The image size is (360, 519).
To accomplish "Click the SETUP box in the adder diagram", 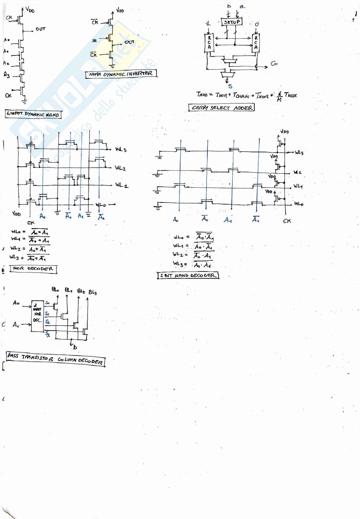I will click(x=232, y=22).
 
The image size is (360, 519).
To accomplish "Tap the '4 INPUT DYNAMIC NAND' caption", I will click(x=33, y=114).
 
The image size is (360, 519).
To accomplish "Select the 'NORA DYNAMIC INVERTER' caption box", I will click(x=121, y=74).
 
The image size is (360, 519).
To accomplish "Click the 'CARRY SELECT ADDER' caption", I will click(x=222, y=108).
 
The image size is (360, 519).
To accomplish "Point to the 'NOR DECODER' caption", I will click(x=33, y=269).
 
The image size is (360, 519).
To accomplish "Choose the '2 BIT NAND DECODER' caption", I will click(x=188, y=275).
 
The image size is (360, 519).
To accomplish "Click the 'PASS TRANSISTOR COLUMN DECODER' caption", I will click(x=55, y=359).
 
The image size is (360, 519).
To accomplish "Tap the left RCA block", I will click(x=209, y=43).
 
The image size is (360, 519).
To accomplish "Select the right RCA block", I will click(x=256, y=43).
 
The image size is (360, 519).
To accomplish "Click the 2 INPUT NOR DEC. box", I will click(x=37, y=315).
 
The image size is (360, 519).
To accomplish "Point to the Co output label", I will click(x=274, y=64).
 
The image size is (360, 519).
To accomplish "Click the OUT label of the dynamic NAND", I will click(x=40, y=29).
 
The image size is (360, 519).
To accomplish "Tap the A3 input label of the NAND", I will click(x=7, y=75).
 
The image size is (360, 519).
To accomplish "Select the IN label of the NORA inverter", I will click(x=95, y=41).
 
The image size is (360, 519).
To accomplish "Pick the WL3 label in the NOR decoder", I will click(x=121, y=150).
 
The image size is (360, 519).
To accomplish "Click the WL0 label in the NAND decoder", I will click(x=299, y=204).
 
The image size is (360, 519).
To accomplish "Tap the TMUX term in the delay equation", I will click(x=290, y=95).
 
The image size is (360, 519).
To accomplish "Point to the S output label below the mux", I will click(x=230, y=86).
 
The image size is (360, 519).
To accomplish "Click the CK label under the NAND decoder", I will click(x=287, y=221).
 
